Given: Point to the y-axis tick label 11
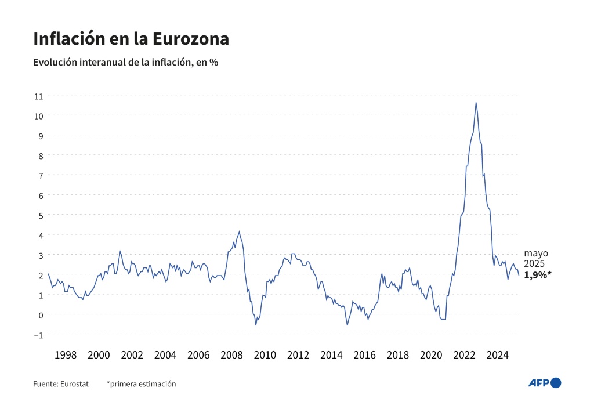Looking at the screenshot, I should click(x=39, y=95).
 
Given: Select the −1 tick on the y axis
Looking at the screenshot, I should click(x=39, y=334).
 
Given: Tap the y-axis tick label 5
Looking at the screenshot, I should click(x=41, y=215).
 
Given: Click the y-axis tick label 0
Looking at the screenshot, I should click(x=41, y=314).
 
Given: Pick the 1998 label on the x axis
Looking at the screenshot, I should click(x=65, y=354).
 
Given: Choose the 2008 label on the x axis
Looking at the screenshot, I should click(x=231, y=354).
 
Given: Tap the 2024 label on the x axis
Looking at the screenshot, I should click(x=499, y=354).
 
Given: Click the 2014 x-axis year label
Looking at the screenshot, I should click(x=332, y=354).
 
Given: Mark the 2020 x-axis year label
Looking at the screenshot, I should click(x=432, y=354).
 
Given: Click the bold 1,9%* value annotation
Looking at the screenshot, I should click(x=538, y=276).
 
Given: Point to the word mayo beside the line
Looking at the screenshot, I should click(x=536, y=253).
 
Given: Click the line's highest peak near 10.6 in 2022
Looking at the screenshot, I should click(x=476, y=103).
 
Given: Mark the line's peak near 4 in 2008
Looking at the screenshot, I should click(x=239, y=231).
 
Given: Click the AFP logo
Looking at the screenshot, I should click(x=545, y=383).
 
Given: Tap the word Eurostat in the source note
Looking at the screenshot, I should click(x=74, y=383).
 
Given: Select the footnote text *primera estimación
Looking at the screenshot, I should click(x=141, y=383).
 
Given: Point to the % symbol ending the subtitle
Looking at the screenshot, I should click(x=213, y=62).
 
